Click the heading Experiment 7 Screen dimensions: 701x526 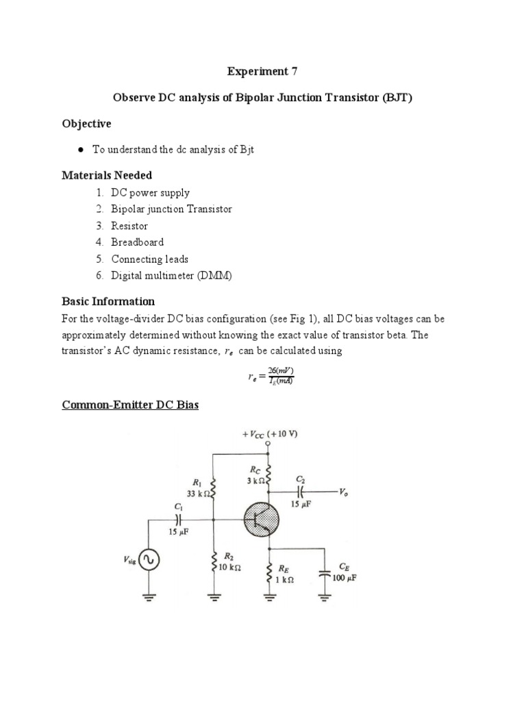262,71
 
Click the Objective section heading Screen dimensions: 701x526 86,124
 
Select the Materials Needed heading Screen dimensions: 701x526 106,175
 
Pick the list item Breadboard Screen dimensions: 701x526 137,242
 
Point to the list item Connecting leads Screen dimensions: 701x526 149,259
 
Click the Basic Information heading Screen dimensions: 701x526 108,301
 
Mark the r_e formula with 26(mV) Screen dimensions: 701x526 271,376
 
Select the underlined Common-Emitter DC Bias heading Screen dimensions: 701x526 130,405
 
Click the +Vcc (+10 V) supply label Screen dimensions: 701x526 270,434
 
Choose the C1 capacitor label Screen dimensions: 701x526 179,507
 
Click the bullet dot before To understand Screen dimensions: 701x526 81,150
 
